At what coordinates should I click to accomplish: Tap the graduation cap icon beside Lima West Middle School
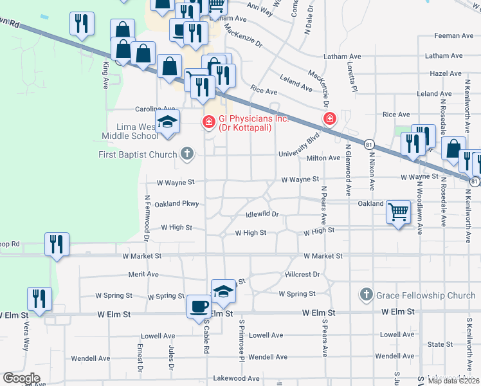[167, 122]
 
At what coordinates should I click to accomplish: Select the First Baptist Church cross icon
[187, 154]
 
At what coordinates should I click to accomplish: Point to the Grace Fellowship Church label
[425, 295]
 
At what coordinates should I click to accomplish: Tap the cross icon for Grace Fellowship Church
[366, 295]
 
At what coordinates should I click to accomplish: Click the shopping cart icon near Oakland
[398, 211]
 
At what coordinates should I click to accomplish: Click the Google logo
[22, 378]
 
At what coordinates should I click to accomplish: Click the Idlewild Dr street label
[262, 214]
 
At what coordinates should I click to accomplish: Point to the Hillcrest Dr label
[302, 274]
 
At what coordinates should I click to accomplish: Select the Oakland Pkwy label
[177, 204]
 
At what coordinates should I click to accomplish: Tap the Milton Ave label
[323, 158]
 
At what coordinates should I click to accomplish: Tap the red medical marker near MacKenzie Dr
[330, 119]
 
